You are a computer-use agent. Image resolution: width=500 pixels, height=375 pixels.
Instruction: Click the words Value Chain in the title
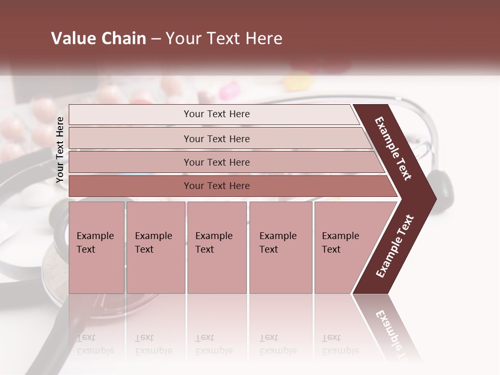(98, 39)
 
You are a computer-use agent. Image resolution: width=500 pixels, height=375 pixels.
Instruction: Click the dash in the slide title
(156, 39)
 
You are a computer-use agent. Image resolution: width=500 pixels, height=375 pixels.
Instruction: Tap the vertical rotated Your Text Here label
(60, 149)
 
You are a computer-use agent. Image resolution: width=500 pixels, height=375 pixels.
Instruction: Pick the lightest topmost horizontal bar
(216, 114)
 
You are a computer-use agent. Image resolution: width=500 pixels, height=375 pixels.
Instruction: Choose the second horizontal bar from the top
(217, 139)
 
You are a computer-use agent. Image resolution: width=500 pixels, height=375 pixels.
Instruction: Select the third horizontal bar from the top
(217, 162)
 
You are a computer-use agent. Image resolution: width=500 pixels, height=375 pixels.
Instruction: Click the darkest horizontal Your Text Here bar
(217, 186)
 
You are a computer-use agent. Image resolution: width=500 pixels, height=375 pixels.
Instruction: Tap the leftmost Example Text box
(96, 247)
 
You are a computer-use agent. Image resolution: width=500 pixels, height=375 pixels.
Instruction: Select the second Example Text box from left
(155, 247)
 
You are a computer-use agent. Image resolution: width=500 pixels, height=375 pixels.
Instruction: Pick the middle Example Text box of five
(217, 247)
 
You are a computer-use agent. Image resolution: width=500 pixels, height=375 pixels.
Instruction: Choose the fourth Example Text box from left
(280, 247)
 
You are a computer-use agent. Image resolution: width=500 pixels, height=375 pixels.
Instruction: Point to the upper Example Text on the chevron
(393, 148)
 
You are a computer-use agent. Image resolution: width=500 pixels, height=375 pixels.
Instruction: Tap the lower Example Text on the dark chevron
(394, 246)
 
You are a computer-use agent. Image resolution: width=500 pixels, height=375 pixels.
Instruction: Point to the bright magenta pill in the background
(228, 92)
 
